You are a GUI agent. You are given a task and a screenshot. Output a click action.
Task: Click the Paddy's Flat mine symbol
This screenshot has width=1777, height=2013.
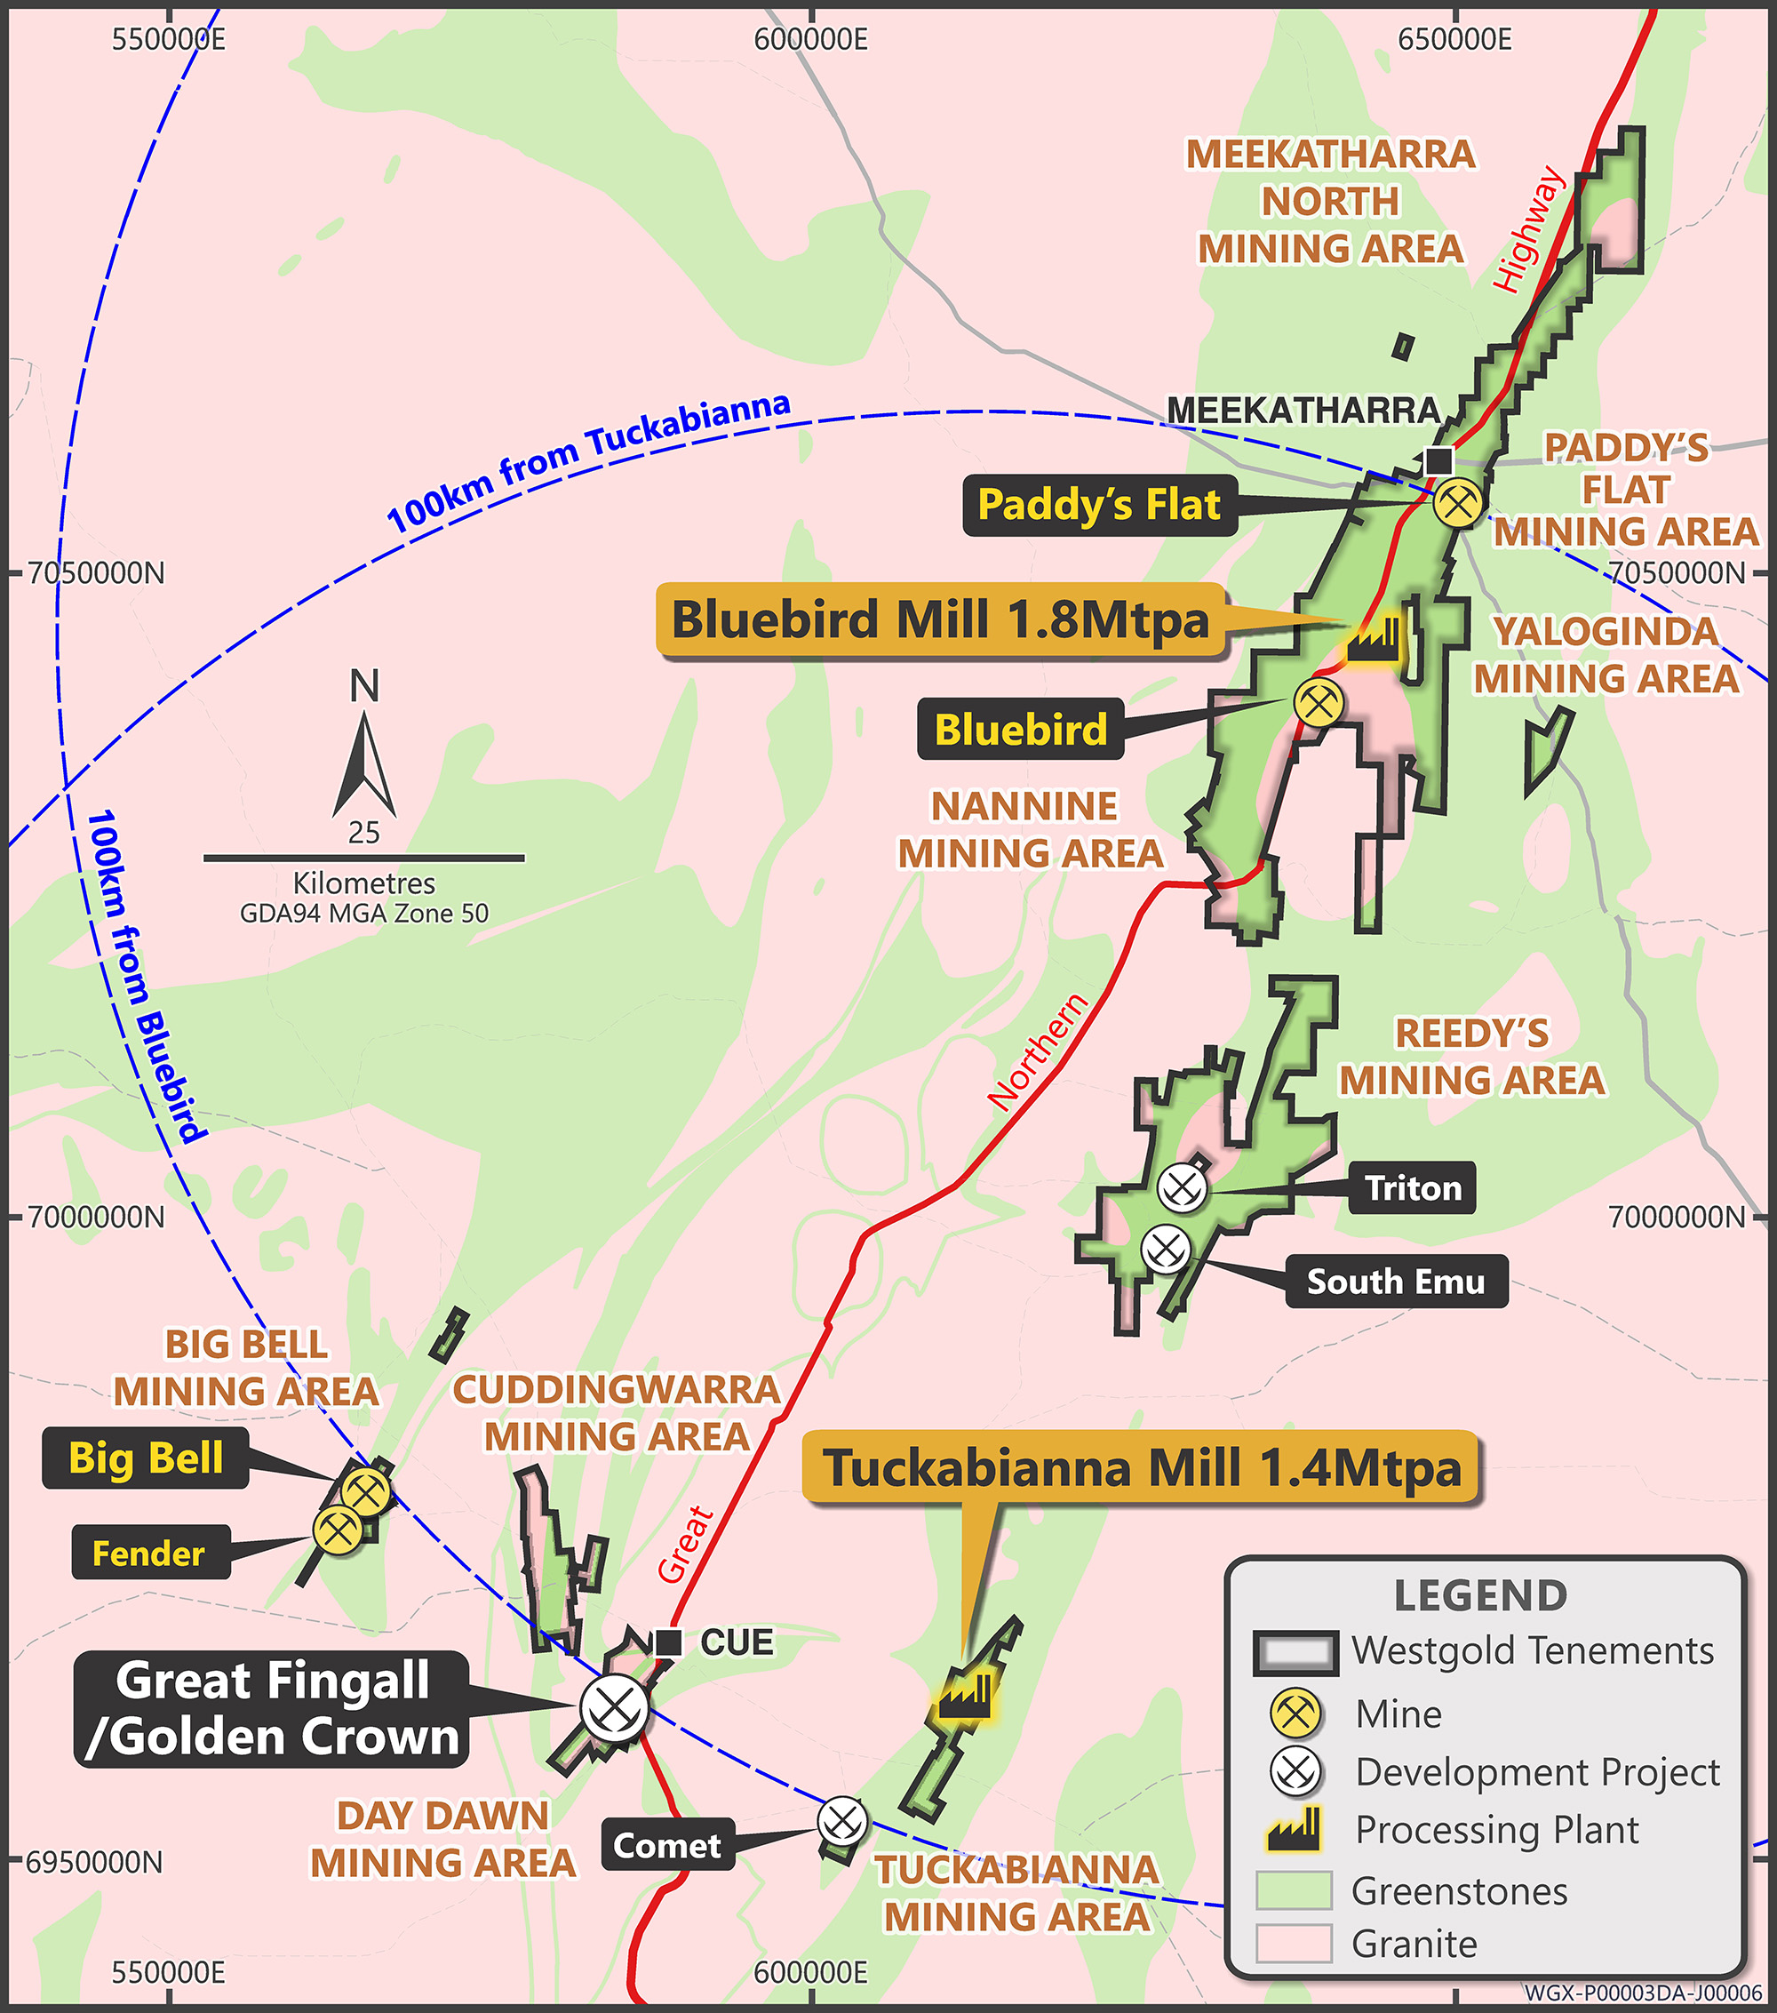(x=1457, y=502)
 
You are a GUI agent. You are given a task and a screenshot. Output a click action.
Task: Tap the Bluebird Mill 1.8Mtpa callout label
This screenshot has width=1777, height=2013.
(x=940, y=620)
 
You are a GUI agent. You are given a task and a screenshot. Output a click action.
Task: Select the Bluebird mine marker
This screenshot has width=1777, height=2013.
(x=1319, y=703)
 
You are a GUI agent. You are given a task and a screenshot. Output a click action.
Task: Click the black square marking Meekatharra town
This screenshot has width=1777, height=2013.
(x=1438, y=459)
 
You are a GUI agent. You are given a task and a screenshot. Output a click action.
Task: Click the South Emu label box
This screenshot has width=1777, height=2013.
(x=1396, y=1282)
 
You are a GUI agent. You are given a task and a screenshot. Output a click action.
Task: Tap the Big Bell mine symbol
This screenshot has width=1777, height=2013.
(x=366, y=1492)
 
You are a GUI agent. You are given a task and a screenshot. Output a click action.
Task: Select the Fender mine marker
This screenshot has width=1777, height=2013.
(x=338, y=1530)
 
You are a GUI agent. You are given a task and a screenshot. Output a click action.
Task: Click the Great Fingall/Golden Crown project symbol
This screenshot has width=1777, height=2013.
(x=614, y=1709)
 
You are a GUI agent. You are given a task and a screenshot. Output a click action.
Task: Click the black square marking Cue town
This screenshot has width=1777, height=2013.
(x=668, y=1642)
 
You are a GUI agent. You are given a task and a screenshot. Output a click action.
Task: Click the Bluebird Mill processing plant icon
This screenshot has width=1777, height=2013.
(x=1374, y=640)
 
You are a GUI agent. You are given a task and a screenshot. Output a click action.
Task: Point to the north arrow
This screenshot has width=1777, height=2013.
(x=364, y=763)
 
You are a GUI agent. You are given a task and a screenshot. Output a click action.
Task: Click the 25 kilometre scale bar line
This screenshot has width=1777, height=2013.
(x=363, y=858)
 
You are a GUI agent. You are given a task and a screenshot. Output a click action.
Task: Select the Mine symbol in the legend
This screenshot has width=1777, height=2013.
(x=1295, y=1713)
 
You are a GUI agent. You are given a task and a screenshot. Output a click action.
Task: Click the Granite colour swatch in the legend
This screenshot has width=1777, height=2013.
(x=1294, y=1943)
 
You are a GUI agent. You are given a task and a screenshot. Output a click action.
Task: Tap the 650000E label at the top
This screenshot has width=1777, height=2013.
(x=1454, y=39)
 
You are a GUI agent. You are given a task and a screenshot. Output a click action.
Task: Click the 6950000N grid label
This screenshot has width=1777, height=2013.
(x=94, y=1862)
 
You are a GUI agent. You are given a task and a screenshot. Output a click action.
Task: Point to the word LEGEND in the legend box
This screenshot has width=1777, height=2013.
(x=1479, y=1595)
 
